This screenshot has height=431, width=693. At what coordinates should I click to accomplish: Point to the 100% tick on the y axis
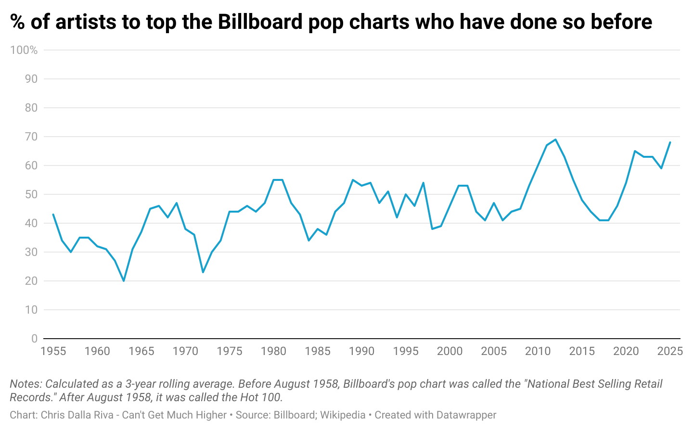tap(24, 50)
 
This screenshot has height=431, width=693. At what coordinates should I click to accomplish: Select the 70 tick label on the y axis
tap(31, 137)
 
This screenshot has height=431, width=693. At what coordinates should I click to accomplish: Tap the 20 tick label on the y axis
tap(31, 281)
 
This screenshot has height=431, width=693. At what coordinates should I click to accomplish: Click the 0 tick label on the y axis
tap(34, 339)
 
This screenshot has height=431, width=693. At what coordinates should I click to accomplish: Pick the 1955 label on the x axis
tap(53, 351)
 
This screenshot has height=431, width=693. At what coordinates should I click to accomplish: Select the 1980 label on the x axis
tap(273, 351)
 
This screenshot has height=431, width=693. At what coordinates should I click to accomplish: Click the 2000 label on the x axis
tap(449, 351)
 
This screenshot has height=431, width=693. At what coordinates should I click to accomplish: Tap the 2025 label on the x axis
tap(670, 351)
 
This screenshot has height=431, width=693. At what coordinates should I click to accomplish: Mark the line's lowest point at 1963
tap(124, 281)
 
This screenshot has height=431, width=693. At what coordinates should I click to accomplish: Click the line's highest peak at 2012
tap(555, 139)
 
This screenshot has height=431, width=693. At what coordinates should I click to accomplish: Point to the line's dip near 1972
tap(203, 272)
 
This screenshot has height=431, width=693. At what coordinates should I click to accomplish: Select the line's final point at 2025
tap(670, 142)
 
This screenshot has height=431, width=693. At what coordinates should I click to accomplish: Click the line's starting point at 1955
tap(53, 215)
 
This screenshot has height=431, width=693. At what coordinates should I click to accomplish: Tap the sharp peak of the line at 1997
tap(423, 183)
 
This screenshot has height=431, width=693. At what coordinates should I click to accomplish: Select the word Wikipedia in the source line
tap(343, 415)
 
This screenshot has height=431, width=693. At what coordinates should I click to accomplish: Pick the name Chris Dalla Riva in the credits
tap(77, 415)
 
